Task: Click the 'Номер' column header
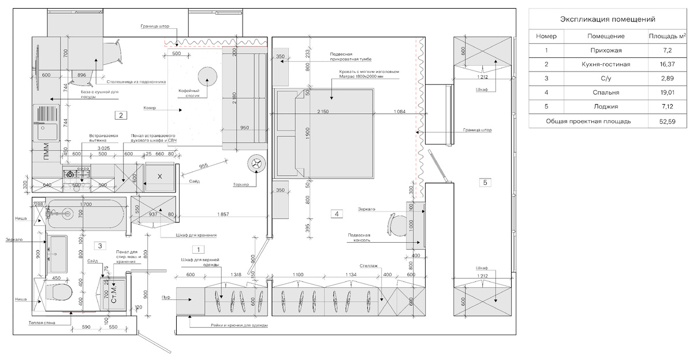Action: (546, 36)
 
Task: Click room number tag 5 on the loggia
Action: (485, 183)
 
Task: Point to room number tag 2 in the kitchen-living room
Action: (120, 115)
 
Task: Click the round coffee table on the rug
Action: (206, 76)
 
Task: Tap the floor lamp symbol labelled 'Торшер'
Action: (256, 164)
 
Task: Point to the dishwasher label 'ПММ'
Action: (47, 156)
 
